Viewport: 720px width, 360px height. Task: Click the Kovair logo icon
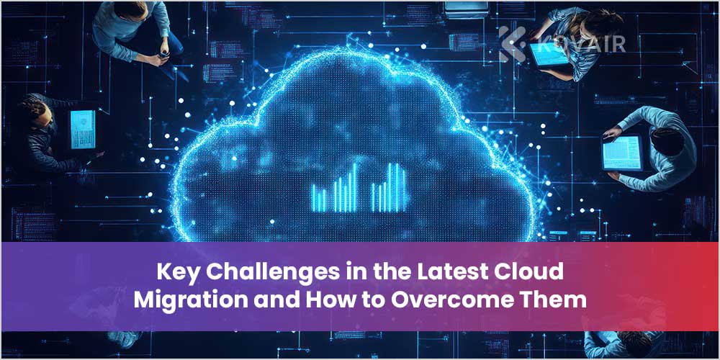click(x=513, y=42)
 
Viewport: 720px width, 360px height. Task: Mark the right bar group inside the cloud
click(x=389, y=187)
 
